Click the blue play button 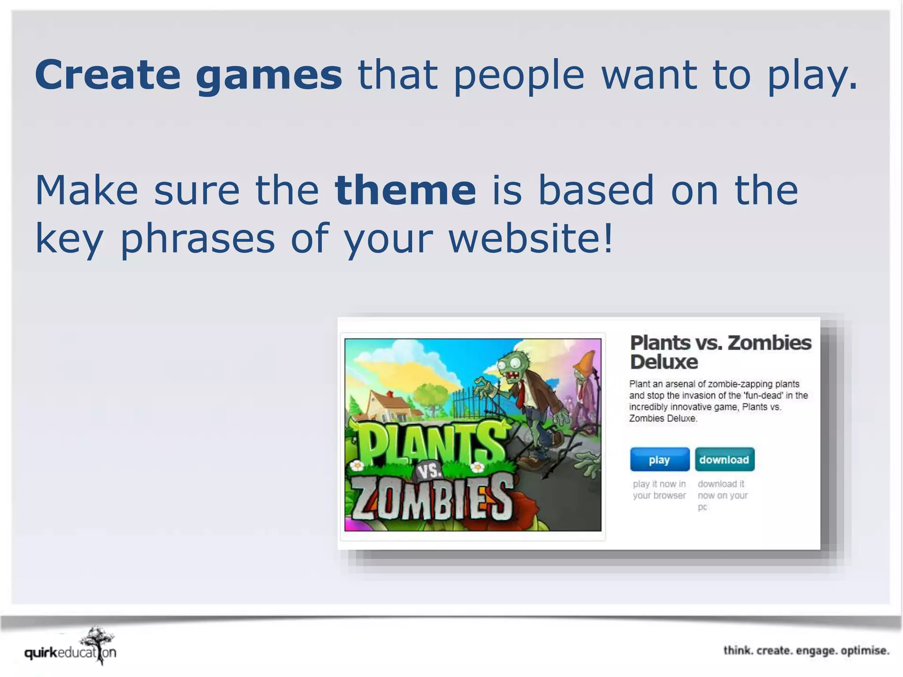[659, 460]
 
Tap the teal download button [724, 460]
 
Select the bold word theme [405, 190]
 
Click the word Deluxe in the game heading [664, 362]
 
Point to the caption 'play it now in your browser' [659, 490]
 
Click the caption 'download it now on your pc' [722, 495]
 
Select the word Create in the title [108, 75]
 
